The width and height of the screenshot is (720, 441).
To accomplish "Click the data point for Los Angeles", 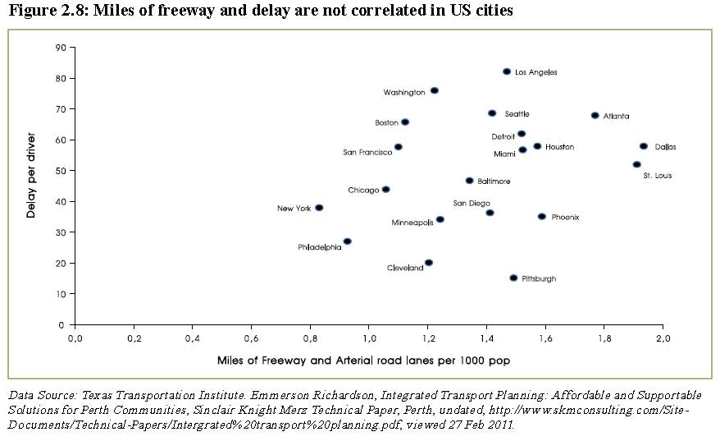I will [x=507, y=72].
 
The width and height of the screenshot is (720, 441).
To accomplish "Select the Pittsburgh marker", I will [x=513, y=278].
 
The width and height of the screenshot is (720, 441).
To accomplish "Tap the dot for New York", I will [x=319, y=208].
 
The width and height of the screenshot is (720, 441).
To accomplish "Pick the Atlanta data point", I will [x=595, y=116].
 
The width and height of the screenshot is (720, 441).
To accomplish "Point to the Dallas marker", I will [x=644, y=146].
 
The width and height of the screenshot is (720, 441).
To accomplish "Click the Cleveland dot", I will [x=428, y=263].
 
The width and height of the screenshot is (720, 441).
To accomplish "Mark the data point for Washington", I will [x=434, y=90].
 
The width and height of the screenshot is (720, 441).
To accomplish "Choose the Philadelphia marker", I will [x=347, y=241].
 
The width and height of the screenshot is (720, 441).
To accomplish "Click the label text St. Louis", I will [x=658, y=176].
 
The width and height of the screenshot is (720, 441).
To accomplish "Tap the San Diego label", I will [x=472, y=203].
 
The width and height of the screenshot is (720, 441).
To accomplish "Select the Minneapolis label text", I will [x=412, y=223].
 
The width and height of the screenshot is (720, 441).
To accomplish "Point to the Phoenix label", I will [x=565, y=218].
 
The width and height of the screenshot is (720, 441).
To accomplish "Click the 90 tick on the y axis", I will [x=60, y=48].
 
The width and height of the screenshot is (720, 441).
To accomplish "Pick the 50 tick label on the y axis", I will [x=60, y=171].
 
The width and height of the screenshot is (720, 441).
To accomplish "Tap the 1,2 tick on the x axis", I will [x=427, y=338].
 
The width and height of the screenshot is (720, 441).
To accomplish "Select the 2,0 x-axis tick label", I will [x=663, y=338].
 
